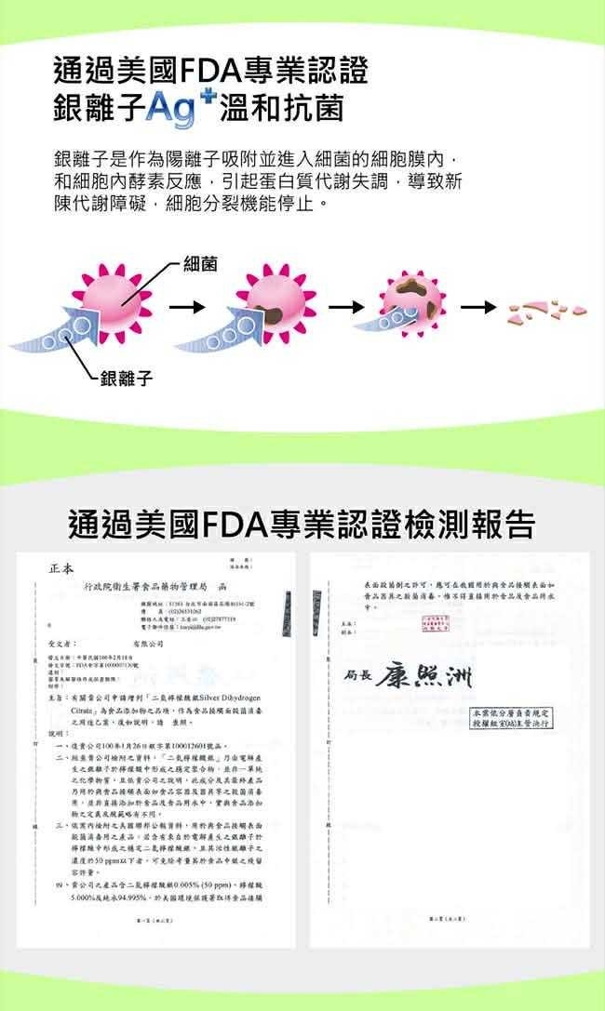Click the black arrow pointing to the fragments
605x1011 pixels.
479,306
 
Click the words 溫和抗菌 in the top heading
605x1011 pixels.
281,109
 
